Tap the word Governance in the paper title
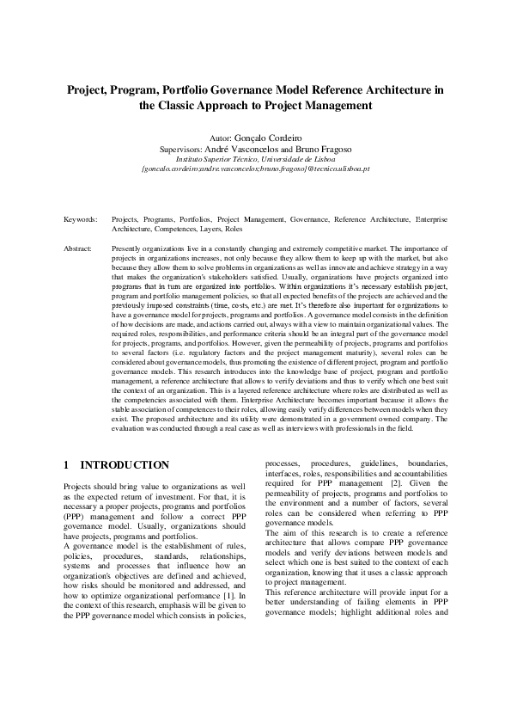[245, 89]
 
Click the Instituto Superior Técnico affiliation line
[255, 159]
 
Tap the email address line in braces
[255, 169]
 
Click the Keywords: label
[80, 220]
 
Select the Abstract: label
[78, 248]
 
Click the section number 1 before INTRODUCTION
[67, 465]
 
